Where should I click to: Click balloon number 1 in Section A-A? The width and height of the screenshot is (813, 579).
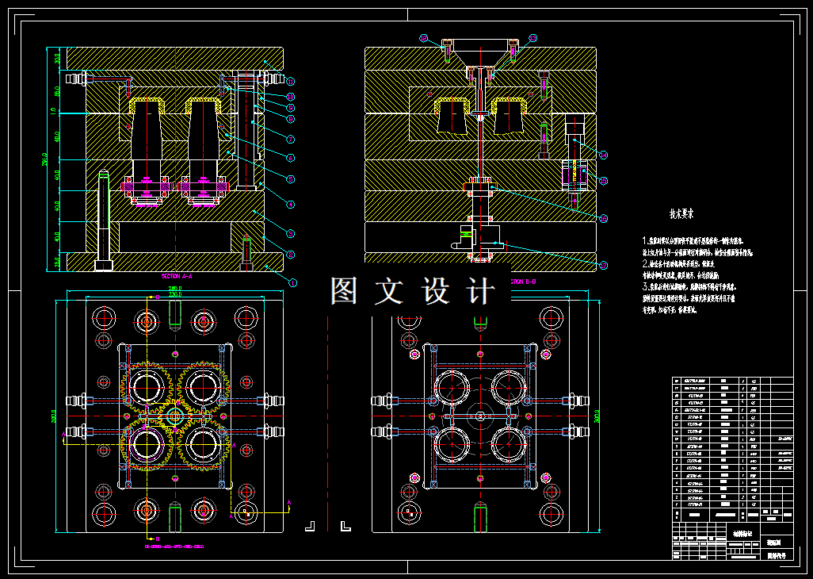tap(292, 282)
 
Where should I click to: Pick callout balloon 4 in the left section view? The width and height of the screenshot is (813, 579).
tap(291, 205)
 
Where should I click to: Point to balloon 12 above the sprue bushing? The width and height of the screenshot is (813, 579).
tap(424, 38)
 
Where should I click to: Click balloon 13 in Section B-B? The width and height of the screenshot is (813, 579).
tap(532, 38)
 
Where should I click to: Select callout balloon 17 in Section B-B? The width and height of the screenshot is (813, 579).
tap(604, 265)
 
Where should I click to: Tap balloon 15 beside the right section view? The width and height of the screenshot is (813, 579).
tap(604, 181)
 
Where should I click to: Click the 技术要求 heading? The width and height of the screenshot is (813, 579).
tap(681, 213)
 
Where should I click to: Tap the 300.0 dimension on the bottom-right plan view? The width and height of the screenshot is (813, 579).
tap(597, 415)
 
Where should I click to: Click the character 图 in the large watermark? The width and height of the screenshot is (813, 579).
tap(345, 291)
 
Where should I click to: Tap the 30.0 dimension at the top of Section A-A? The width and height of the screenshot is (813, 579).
tap(57, 57)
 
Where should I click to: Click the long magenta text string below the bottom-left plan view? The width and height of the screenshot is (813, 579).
tap(174, 546)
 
